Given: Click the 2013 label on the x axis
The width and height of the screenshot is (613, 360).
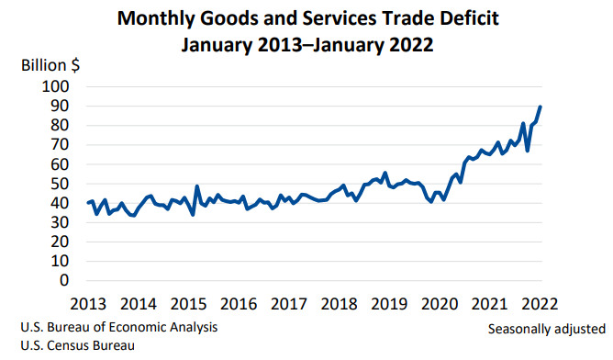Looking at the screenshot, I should pyautogui.click(x=88, y=304).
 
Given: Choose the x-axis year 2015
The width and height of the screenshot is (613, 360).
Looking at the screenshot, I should pyautogui.click(x=189, y=304).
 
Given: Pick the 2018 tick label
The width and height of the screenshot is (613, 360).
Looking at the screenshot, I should pyautogui.click(x=340, y=304).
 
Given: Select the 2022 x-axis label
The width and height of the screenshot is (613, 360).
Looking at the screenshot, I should pyautogui.click(x=541, y=304).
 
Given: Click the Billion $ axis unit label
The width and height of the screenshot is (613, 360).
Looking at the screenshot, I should pyautogui.click(x=51, y=66).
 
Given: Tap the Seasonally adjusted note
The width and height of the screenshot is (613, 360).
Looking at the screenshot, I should pyautogui.click(x=546, y=328).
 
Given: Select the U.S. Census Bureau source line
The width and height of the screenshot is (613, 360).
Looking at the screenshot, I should pyautogui.click(x=76, y=345).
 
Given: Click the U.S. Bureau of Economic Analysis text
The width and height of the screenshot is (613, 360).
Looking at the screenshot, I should pyautogui.click(x=117, y=327).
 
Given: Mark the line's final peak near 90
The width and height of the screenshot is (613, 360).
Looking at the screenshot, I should pyautogui.click(x=541, y=107).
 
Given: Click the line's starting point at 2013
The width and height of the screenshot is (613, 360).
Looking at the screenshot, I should pyautogui.click(x=88, y=202).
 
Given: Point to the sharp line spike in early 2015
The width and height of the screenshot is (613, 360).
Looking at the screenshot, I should pyautogui.click(x=197, y=186).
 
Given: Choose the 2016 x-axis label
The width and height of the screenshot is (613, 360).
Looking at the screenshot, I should pyautogui.click(x=240, y=304).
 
